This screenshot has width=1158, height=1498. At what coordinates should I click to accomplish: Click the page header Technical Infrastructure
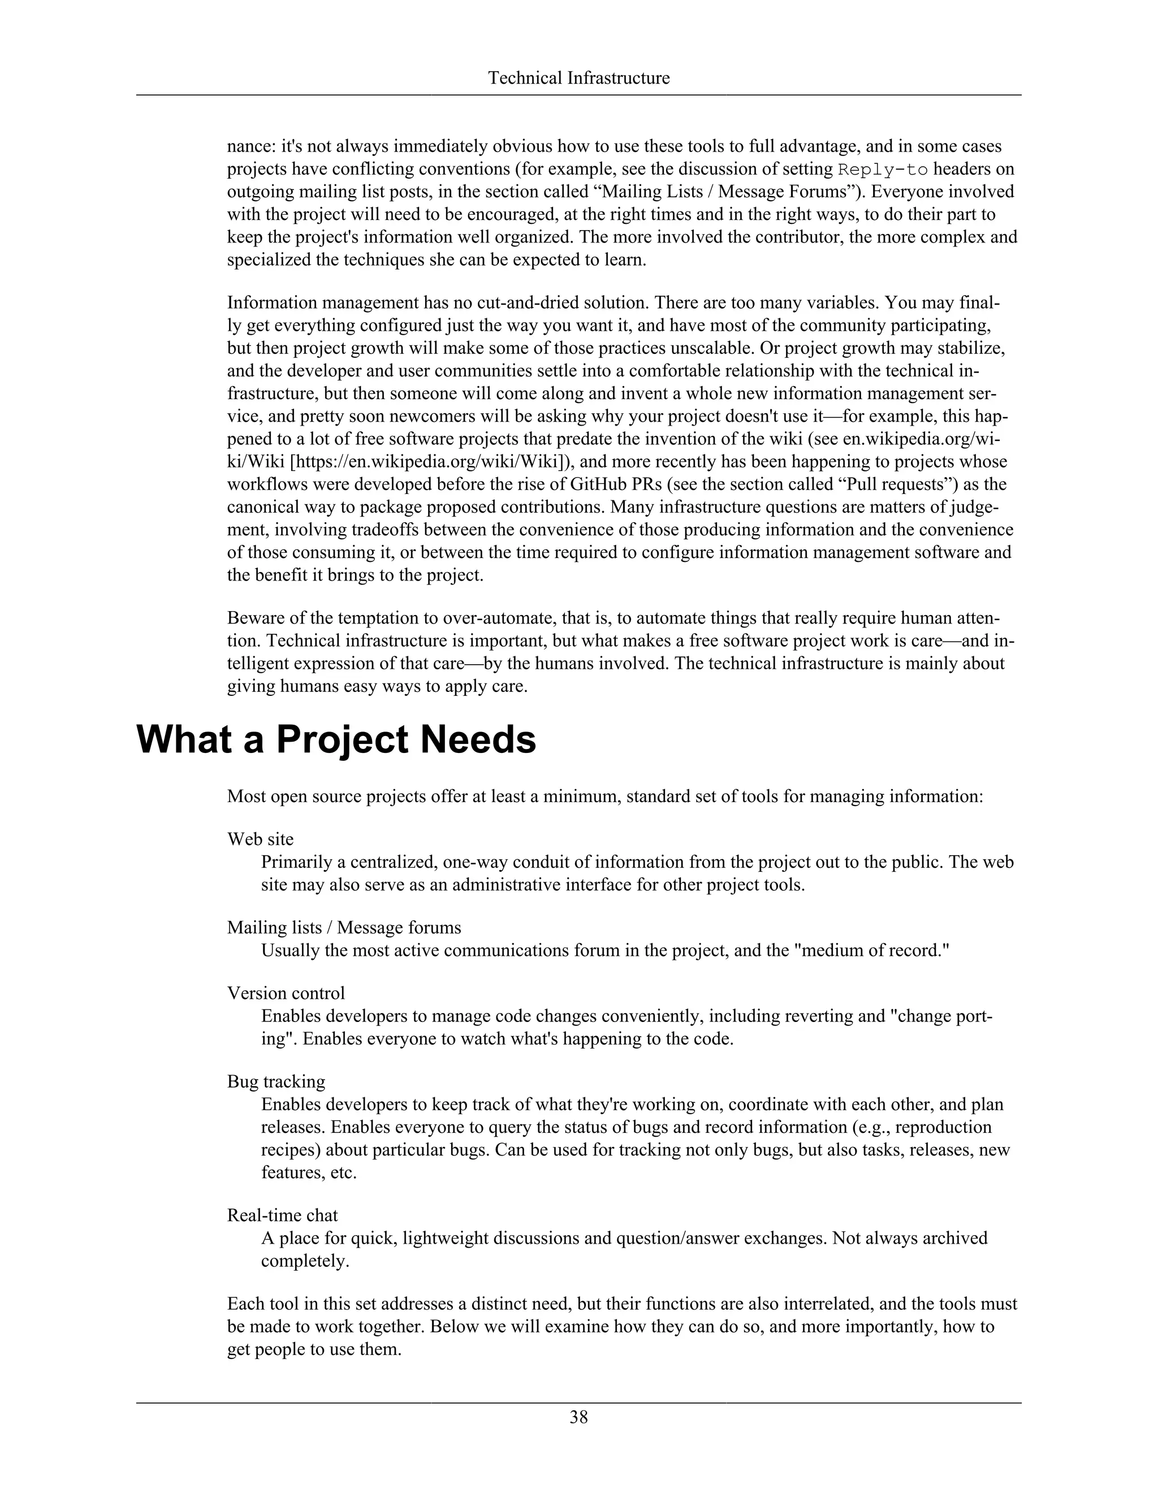pyautogui.click(x=578, y=78)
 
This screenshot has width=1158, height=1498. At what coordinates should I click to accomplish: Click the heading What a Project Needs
pyautogui.click(x=336, y=740)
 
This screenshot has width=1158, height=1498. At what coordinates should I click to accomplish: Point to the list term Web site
pyautogui.click(x=260, y=839)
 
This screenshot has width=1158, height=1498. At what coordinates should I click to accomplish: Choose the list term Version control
pyautogui.click(x=286, y=993)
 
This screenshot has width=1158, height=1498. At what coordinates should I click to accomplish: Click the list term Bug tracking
pyautogui.click(x=276, y=1081)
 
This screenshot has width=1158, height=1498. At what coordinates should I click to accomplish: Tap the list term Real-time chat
pyautogui.click(x=282, y=1215)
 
